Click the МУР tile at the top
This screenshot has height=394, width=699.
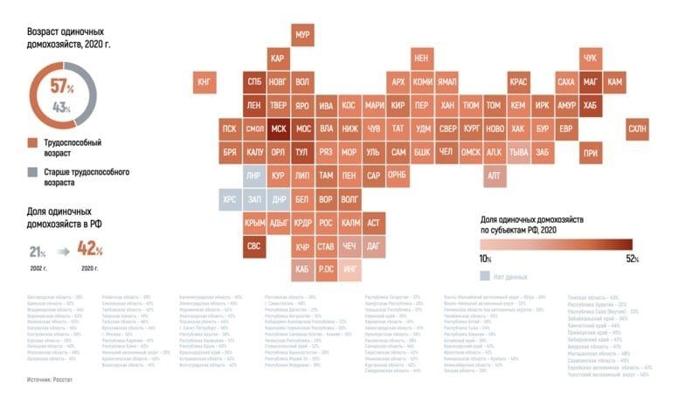303,34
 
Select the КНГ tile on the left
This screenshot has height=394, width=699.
205,82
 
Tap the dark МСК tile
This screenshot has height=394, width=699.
279,128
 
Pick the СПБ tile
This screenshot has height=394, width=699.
254,82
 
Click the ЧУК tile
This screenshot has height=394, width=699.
590,58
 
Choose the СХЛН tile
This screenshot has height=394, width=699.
637,129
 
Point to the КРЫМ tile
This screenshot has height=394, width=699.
254,223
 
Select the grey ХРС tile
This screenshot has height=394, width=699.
230,199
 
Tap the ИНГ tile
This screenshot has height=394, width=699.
350,269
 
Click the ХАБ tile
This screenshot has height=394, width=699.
590,105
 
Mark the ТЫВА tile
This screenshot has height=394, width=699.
518,152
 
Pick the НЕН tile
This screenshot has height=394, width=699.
422,58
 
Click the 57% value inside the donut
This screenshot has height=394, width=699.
61,87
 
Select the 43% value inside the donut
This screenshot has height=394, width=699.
61,107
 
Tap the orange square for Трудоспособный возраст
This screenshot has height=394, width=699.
31,141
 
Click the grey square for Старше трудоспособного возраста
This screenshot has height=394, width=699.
31,170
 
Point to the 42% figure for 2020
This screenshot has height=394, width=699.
90,249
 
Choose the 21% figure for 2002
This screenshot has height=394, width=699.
37,252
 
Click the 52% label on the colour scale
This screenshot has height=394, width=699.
632,259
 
